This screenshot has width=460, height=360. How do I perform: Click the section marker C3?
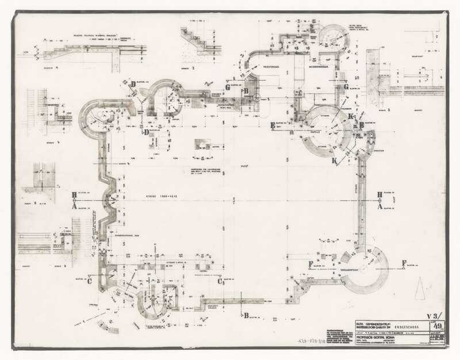(x=220, y=282)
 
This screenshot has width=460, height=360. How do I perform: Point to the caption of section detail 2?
(x=194, y=67)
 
